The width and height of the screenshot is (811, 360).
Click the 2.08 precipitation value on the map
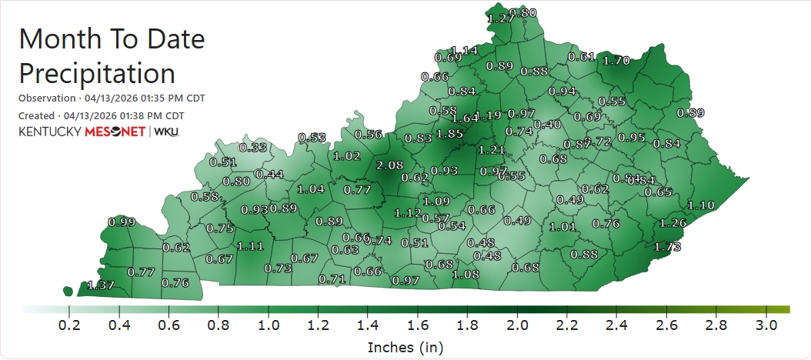point(391,165)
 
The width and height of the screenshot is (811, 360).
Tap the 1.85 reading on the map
point(449,134)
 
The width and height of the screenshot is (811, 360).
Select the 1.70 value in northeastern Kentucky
point(617,60)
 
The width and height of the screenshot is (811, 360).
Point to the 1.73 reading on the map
point(667,247)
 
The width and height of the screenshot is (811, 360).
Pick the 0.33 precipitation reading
point(254,148)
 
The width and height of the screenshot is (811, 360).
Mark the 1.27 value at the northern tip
point(501,18)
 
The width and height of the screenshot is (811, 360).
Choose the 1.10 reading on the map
point(701,205)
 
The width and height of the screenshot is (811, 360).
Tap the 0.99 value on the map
point(122,222)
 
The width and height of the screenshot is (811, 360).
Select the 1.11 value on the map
point(251,246)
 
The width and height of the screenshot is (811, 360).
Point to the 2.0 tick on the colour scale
point(517,326)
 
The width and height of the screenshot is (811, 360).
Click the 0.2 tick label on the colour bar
point(70,326)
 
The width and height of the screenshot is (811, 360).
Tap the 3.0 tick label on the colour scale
point(766,326)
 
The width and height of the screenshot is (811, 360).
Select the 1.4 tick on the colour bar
point(368,326)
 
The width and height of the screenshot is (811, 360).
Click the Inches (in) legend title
point(405,348)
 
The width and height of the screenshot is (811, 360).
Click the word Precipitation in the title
point(97,74)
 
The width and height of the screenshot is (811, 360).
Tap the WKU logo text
point(167,132)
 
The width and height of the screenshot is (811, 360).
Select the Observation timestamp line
point(112,98)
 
